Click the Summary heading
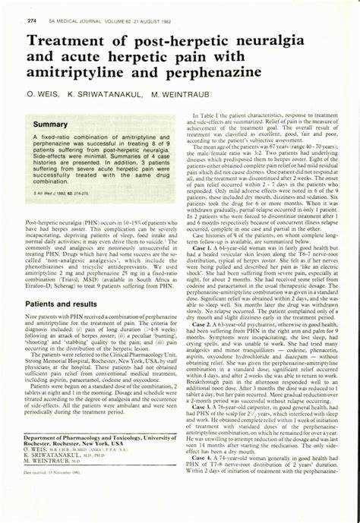50,124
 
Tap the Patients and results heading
63,302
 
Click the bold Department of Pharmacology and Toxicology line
95,460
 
